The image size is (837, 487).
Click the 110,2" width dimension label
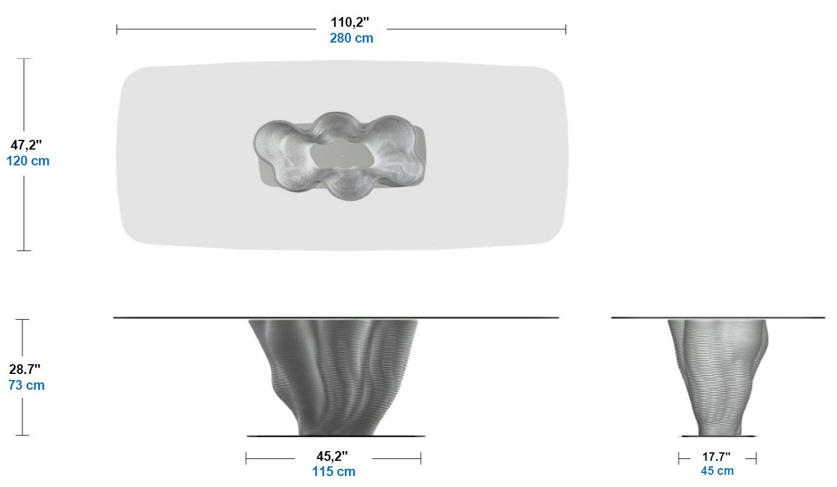tap(350, 22)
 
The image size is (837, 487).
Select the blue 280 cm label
tap(351, 38)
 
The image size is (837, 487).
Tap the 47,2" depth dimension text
tap(27, 145)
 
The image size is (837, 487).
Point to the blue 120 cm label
tap(27, 161)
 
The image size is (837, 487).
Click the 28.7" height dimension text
tap(25, 369)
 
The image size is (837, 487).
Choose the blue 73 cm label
tap(26, 385)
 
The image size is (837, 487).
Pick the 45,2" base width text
tap(332, 456)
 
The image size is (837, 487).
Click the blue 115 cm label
tap(333, 471)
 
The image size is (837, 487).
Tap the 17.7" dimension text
tap(717, 456)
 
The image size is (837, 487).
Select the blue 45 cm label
tap(717, 471)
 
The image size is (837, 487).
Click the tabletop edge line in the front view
tap(182, 317)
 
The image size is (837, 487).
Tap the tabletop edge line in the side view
tap(639, 317)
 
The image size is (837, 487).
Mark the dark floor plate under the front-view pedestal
tap(268, 436)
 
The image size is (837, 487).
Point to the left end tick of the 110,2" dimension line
tap(117, 29)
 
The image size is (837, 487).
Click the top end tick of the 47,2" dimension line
tap(24, 59)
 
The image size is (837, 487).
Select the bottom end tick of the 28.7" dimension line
tap(23, 435)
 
